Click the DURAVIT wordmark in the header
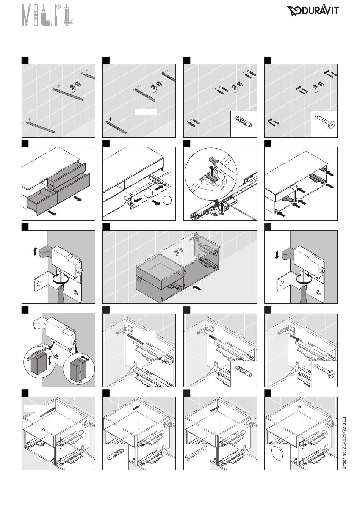coord(320,11)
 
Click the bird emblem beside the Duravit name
coord(294,11)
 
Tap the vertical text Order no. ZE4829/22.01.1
coord(344,443)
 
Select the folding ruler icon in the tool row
coord(26,15)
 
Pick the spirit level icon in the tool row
coord(36,15)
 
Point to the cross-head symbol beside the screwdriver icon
coord(59,6)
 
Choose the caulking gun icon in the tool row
coord(68,15)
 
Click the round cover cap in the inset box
coord(277,453)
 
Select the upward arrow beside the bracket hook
coord(35,252)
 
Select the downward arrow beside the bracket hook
coord(277,255)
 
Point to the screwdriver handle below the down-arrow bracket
coord(304,295)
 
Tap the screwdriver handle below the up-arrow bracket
coord(61,295)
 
